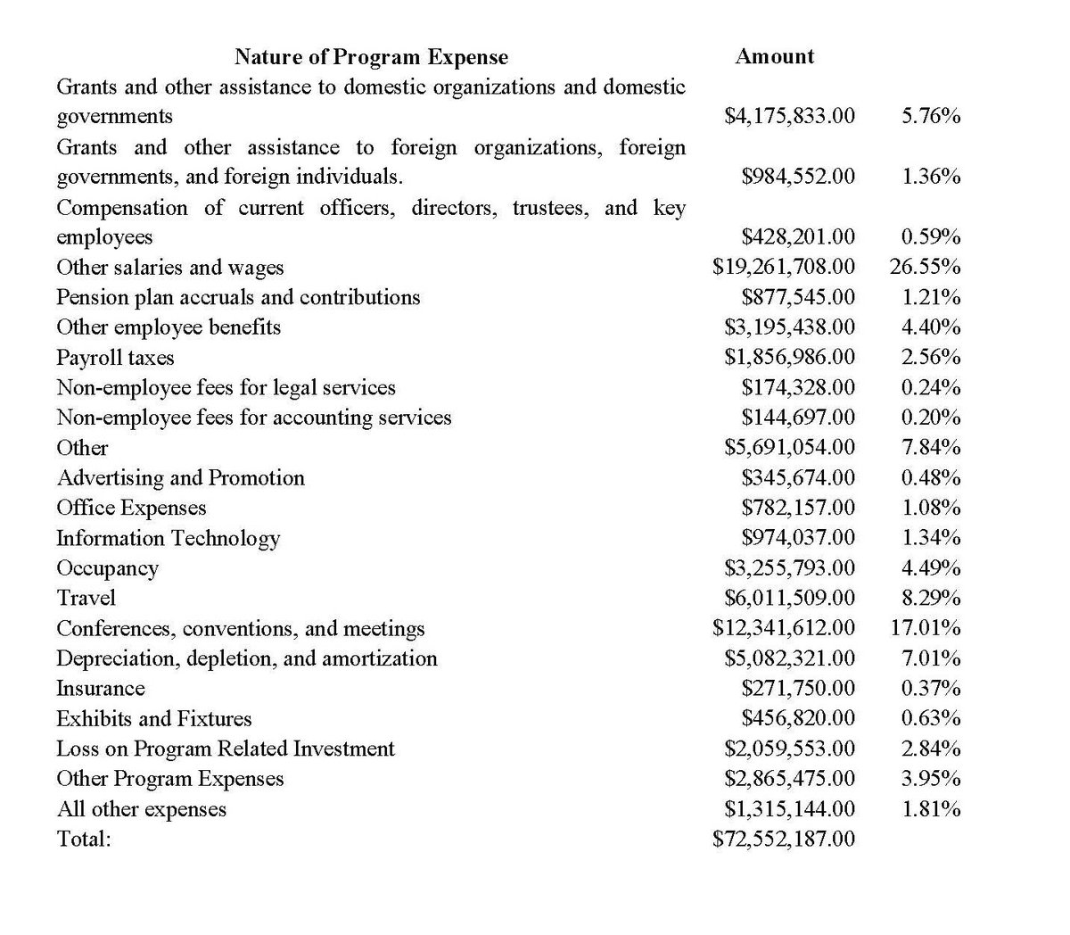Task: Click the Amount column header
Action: click(774, 56)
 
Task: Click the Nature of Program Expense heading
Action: click(371, 57)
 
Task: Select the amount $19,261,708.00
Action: click(784, 267)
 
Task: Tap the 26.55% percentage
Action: click(925, 267)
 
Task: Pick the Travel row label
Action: click(86, 598)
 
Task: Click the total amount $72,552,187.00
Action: click(784, 839)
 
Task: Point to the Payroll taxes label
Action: click(115, 358)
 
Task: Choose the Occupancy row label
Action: click(107, 568)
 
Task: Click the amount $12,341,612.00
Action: click(784, 628)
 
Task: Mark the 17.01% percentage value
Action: click(925, 628)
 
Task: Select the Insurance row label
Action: click(100, 689)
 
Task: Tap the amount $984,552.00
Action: click(798, 177)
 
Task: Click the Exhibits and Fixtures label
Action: click(153, 718)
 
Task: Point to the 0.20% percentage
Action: click(930, 418)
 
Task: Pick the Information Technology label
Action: click(168, 538)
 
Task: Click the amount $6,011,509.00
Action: click(789, 598)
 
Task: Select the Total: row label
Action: click(83, 839)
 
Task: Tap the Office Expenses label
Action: click(131, 508)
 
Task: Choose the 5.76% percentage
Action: click(930, 116)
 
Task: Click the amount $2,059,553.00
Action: click(789, 749)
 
